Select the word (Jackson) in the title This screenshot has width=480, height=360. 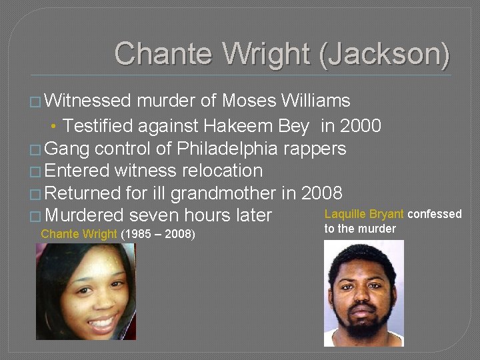384,53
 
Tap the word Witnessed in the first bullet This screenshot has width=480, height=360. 87,101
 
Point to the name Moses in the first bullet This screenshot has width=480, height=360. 249,101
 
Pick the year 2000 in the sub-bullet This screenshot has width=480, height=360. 359,125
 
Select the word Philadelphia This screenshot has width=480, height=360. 214,148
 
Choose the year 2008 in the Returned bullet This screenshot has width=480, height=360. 321,193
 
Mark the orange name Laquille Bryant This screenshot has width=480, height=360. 364,214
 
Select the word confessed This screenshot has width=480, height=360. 435,214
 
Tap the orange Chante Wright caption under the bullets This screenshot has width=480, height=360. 79,234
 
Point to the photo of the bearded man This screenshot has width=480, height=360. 363,293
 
